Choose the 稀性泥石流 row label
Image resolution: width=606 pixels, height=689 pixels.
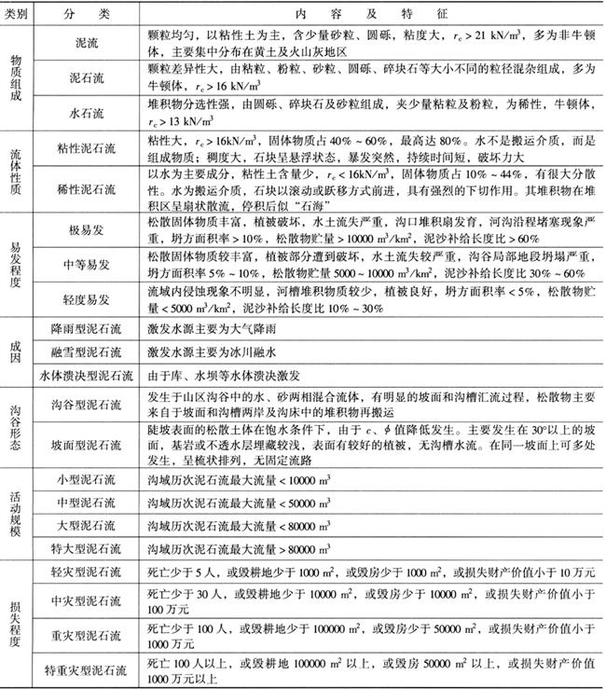tap(90, 189)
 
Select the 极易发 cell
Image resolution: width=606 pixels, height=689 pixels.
tap(90, 229)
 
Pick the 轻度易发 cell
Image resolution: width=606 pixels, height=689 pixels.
tap(90, 301)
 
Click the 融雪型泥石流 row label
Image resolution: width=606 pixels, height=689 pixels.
tap(90, 353)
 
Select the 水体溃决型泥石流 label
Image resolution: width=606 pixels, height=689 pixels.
tap(90, 377)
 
